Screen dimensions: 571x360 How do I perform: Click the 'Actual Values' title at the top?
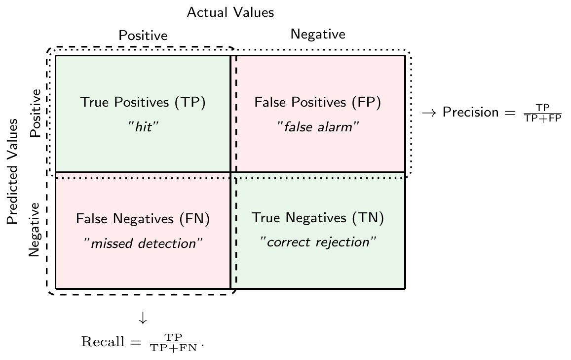click(230, 12)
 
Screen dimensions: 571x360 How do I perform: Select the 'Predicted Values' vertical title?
click(12, 171)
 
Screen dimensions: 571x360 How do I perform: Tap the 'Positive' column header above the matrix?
click(143, 36)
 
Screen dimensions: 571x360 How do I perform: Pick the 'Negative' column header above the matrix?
click(318, 34)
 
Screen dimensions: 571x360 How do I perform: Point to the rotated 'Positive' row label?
click(36, 113)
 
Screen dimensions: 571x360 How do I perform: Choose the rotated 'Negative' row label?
click(34, 230)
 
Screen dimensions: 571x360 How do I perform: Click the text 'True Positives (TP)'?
click(143, 102)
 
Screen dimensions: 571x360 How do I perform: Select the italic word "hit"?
click(143, 126)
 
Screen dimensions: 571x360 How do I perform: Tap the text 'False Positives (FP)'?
click(317, 102)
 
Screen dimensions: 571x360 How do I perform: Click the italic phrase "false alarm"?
click(318, 126)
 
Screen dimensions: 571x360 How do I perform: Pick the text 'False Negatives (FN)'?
click(143, 219)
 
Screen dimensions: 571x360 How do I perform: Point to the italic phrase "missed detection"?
click(143, 243)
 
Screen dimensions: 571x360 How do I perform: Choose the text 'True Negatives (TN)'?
click(317, 217)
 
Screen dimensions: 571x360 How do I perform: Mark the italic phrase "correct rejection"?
click(318, 242)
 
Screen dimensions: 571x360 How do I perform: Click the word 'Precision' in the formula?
click(470, 112)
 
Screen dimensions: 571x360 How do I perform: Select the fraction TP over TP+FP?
click(542, 113)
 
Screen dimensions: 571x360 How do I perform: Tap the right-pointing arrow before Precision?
click(429, 113)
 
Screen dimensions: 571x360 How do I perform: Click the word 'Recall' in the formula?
click(103, 342)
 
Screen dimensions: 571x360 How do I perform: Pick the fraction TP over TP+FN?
click(173, 343)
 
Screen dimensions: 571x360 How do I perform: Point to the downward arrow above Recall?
click(143, 318)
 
